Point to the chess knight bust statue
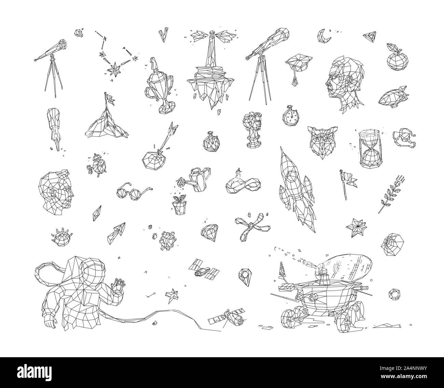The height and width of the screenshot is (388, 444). click(x=252, y=130)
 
